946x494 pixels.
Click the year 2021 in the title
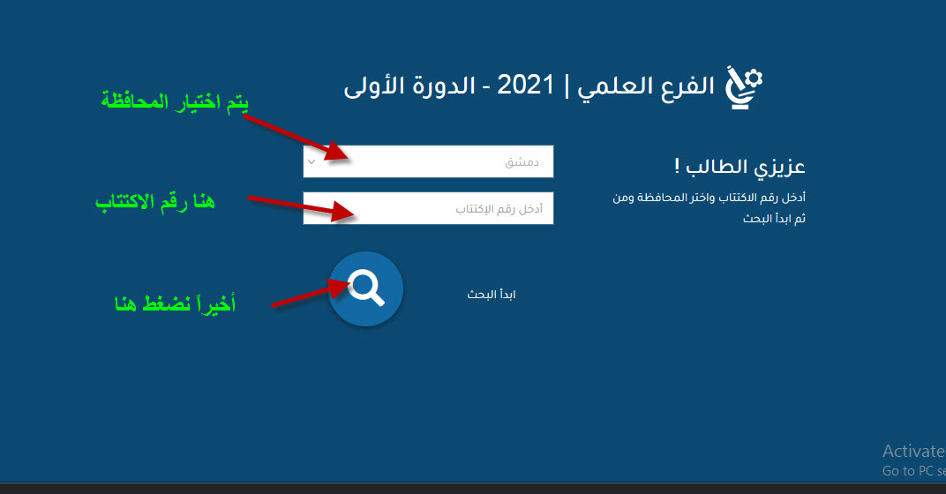(x=525, y=85)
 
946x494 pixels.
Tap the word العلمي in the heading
(x=614, y=86)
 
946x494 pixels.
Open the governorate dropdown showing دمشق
(x=428, y=161)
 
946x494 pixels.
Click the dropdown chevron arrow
(x=312, y=161)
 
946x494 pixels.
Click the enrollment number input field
(x=428, y=208)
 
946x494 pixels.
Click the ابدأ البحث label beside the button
(x=492, y=295)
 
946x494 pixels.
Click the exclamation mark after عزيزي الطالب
(x=677, y=165)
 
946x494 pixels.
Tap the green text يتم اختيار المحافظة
(x=175, y=101)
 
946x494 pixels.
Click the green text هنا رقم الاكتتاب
(x=155, y=201)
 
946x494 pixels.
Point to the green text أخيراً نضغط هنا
(x=175, y=303)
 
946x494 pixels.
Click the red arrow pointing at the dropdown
(x=296, y=137)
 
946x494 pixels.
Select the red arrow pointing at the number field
(x=301, y=207)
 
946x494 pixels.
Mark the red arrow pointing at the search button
(x=311, y=292)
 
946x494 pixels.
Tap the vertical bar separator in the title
(x=567, y=86)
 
